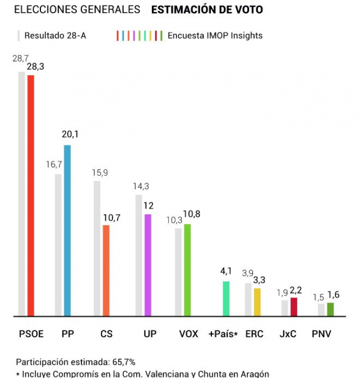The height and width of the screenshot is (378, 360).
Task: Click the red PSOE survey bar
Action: coord(30,195)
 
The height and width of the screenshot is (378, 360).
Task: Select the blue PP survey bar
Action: coord(67,230)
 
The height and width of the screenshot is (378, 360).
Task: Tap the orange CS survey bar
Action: coord(106,270)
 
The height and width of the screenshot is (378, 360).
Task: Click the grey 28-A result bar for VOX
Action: coord(178,272)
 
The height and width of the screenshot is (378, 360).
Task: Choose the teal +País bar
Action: coord(226,298)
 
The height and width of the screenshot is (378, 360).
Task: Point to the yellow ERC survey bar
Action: coord(257,302)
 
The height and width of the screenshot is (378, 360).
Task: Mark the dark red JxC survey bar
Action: coord(293,307)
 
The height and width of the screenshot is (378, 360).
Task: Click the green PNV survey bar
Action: coord(330,309)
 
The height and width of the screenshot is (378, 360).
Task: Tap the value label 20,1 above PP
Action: coord(70,134)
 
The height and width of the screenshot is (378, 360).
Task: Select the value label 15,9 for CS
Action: coord(99,173)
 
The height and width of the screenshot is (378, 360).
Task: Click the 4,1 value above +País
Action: coord(226,271)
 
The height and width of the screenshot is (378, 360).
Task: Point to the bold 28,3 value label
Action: coord(35,67)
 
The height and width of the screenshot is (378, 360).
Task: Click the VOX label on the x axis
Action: coord(188,334)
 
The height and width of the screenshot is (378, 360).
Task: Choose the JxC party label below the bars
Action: coord(288,334)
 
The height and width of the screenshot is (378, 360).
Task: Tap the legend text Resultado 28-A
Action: coord(55,35)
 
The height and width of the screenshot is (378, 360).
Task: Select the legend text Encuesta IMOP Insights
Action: coord(215,35)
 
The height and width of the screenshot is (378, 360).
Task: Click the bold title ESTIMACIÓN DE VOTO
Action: coord(207,9)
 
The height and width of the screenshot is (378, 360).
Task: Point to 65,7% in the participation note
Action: coord(123,362)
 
